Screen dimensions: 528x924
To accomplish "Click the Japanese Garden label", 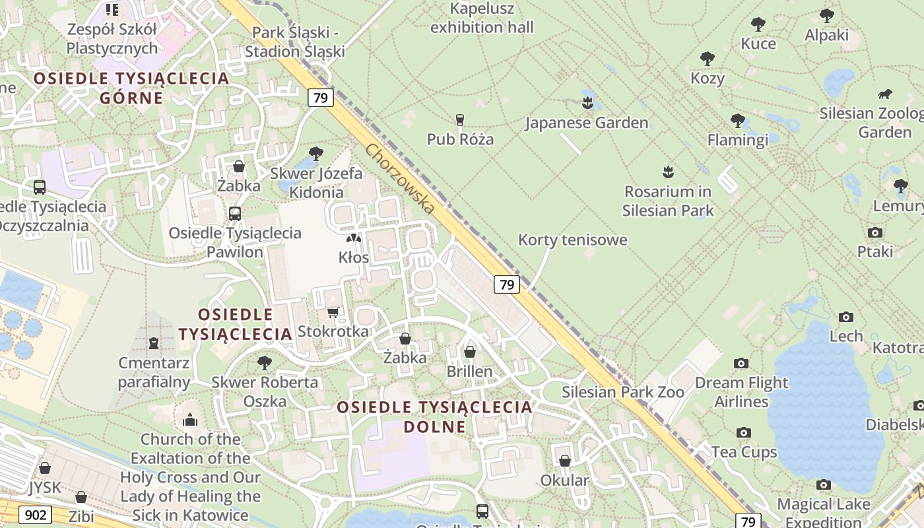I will point(587,123).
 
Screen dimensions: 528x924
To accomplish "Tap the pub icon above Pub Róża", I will point(460,119).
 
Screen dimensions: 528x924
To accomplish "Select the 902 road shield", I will point(34,514).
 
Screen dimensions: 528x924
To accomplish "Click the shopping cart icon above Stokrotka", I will point(333,312).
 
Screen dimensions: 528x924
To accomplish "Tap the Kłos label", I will point(354,257).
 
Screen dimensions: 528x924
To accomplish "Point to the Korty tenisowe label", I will point(572,240).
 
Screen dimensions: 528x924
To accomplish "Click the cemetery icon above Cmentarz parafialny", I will point(154,343).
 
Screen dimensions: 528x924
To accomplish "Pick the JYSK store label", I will point(45,488).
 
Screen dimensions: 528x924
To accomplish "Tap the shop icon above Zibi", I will point(81,497).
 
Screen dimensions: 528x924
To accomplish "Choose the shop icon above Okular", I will point(565,461).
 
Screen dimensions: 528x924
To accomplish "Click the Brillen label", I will point(470,372).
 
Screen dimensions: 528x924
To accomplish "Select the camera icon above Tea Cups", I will point(744,433).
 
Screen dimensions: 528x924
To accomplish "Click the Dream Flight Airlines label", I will point(742,392).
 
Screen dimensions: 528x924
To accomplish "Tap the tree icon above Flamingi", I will point(738,121).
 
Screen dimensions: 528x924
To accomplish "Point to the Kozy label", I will point(708,78).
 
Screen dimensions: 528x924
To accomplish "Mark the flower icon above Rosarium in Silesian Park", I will point(668,172).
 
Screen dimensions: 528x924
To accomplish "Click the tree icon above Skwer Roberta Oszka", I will point(265,362).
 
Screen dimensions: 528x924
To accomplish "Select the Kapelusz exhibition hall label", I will point(482,18).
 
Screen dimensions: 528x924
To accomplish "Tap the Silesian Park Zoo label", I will point(623,392).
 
